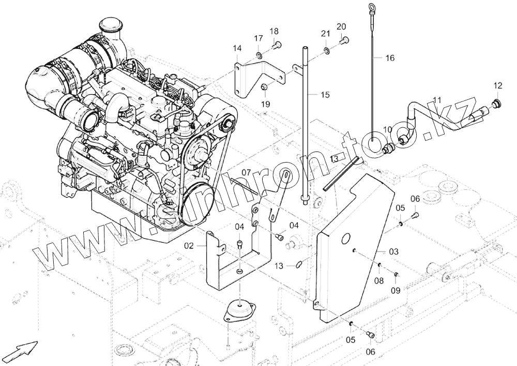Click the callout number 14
(x=237, y=49)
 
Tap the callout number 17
(x=258, y=38)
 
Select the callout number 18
(x=273, y=31)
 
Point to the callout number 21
(x=325, y=34)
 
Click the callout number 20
(x=341, y=27)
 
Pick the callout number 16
(x=389, y=58)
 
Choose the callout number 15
(x=325, y=95)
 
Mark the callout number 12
(x=497, y=85)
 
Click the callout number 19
(x=265, y=104)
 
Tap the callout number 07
(x=246, y=172)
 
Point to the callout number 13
(x=279, y=266)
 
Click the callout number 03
(x=394, y=252)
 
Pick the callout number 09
(x=396, y=290)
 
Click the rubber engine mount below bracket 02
(x=238, y=310)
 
